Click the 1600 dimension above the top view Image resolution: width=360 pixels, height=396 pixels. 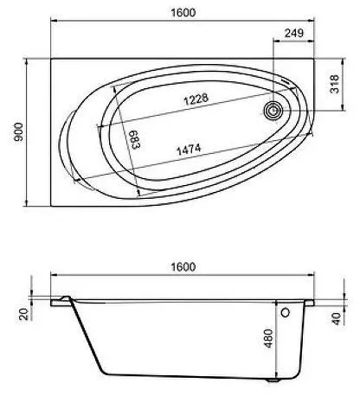click(183, 12)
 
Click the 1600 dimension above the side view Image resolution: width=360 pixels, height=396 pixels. click(183, 266)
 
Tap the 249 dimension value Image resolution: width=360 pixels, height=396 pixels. click(294, 33)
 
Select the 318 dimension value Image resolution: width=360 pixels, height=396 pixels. click(335, 84)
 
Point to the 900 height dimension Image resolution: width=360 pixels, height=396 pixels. click(18, 131)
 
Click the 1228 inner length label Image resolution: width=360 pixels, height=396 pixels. click(196, 99)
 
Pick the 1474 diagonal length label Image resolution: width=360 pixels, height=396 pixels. click(189, 150)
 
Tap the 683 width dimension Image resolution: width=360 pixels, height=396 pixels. click(135, 139)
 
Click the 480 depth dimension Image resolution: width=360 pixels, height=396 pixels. click(268, 338)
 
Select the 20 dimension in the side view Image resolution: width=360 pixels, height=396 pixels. click(24, 314)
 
